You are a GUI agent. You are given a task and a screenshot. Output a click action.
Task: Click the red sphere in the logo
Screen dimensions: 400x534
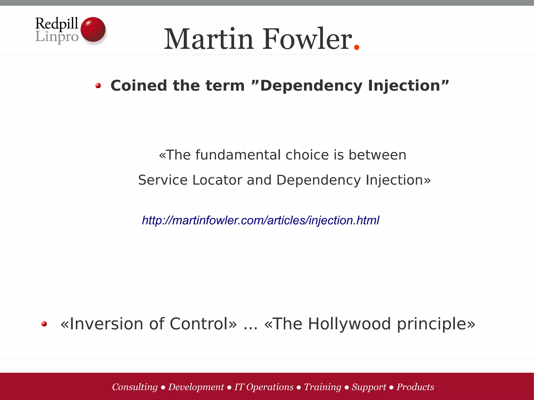(93, 29)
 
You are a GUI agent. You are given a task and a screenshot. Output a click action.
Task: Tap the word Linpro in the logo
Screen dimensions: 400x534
(57, 37)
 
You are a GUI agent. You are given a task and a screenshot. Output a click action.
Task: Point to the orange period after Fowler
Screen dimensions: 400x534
(357, 47)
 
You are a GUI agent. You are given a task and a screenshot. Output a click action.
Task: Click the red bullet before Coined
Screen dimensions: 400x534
(98, 85)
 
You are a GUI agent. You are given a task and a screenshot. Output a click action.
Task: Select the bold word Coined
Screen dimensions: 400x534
(139, 85)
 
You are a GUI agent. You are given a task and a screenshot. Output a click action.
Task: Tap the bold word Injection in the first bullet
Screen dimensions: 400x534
(404, 85)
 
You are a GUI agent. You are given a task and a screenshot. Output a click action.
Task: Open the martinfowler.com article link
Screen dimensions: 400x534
(260, 220)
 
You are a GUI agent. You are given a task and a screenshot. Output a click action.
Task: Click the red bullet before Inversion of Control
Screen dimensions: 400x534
(44, 324)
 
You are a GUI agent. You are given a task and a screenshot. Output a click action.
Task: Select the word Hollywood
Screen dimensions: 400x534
(349, 324)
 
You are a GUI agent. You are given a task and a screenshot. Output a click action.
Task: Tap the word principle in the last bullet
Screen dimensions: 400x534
(432, 324)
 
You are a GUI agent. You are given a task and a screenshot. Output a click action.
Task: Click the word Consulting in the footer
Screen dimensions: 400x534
(135, 387)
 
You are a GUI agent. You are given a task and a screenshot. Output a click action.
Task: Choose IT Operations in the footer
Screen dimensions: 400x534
(264, 387)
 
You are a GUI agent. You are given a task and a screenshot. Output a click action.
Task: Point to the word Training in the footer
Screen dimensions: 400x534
(323, 387)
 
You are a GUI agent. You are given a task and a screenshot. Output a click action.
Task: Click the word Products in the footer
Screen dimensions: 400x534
(415, 387)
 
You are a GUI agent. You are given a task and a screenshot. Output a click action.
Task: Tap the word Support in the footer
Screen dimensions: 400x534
(369, 387)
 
